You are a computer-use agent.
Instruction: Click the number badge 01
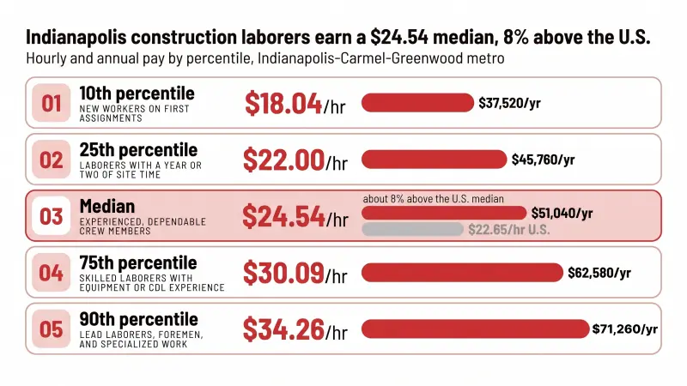coord(52,103)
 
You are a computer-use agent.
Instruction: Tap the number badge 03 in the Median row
coord(52,216)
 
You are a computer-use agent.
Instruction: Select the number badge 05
coord(52,329)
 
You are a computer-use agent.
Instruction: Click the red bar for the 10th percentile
coord(417,103)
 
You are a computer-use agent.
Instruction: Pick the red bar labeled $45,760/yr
coord(435,160)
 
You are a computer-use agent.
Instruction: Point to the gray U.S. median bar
coord(412,229)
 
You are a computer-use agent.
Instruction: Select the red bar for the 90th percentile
coord(476,329)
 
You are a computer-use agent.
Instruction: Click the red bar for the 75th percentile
coord(462,273)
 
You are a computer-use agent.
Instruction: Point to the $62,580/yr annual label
coord(599,273)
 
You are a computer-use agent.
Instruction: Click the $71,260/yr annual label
coord(625,329)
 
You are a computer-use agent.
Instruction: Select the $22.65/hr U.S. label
coord(509,230)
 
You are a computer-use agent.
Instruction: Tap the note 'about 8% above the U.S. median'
coord(434,199)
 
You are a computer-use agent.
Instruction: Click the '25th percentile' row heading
coord(138,150)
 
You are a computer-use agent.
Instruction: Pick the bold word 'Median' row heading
coord(107,206)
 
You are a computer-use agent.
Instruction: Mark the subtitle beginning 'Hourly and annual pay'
coord(265,58)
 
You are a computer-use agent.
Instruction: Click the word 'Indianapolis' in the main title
coord(76,37)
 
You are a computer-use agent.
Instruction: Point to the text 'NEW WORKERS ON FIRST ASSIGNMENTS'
coord(135,113)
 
